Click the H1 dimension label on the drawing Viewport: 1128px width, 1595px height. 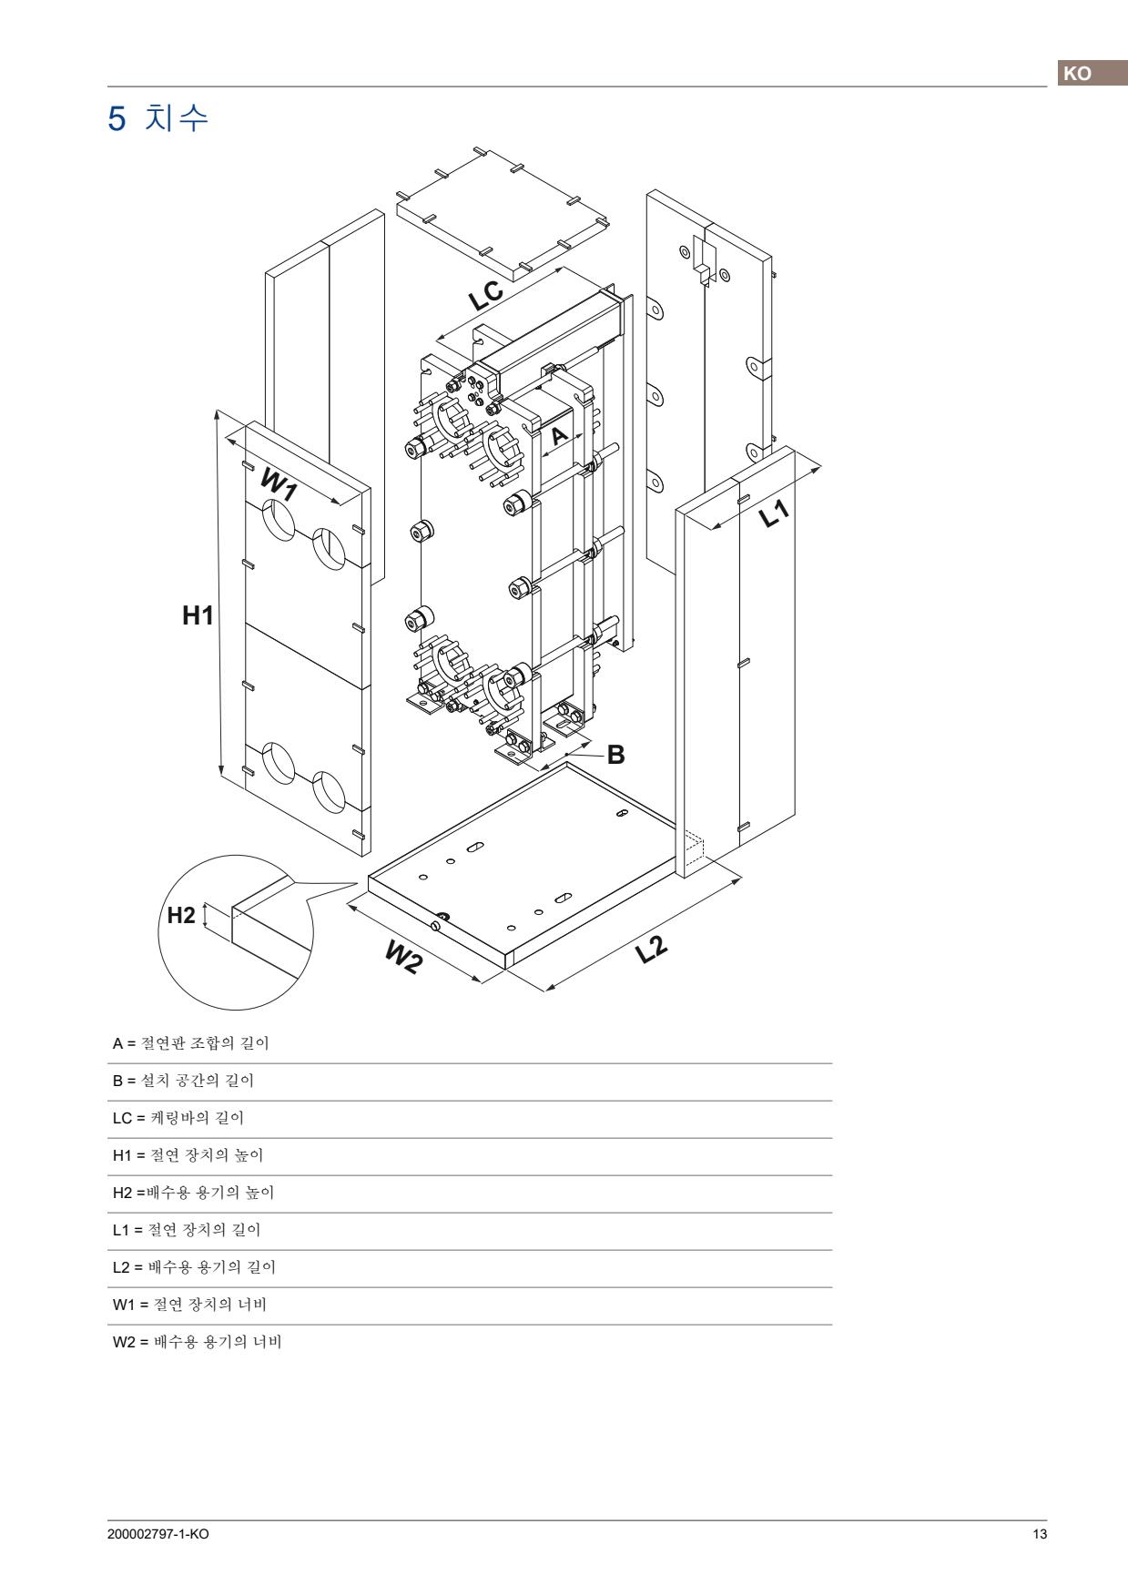pyautogui.click(x=198, y=616)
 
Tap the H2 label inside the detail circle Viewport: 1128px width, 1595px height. pyautogui.click(x=181, y=915)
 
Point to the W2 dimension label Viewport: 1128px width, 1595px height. pyautogui.click(x=403, y=957)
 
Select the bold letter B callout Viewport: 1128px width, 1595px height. pyautogui.click(x=615, y=755)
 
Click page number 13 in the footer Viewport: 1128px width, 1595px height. pyautogui.click(x=1040, y=1534)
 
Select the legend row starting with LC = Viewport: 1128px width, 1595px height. pyautogui.click(x=178, y=1118)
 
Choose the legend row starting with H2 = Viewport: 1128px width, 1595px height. pyautogui.click(x=193, y=1193)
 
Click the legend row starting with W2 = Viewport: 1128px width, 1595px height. pyautogui.click(x=197, y=1342)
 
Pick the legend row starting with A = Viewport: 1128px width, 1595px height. pyautogui.click(x=190, y=1043)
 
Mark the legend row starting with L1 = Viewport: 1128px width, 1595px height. pyautogui.click(x=186, y=1230)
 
